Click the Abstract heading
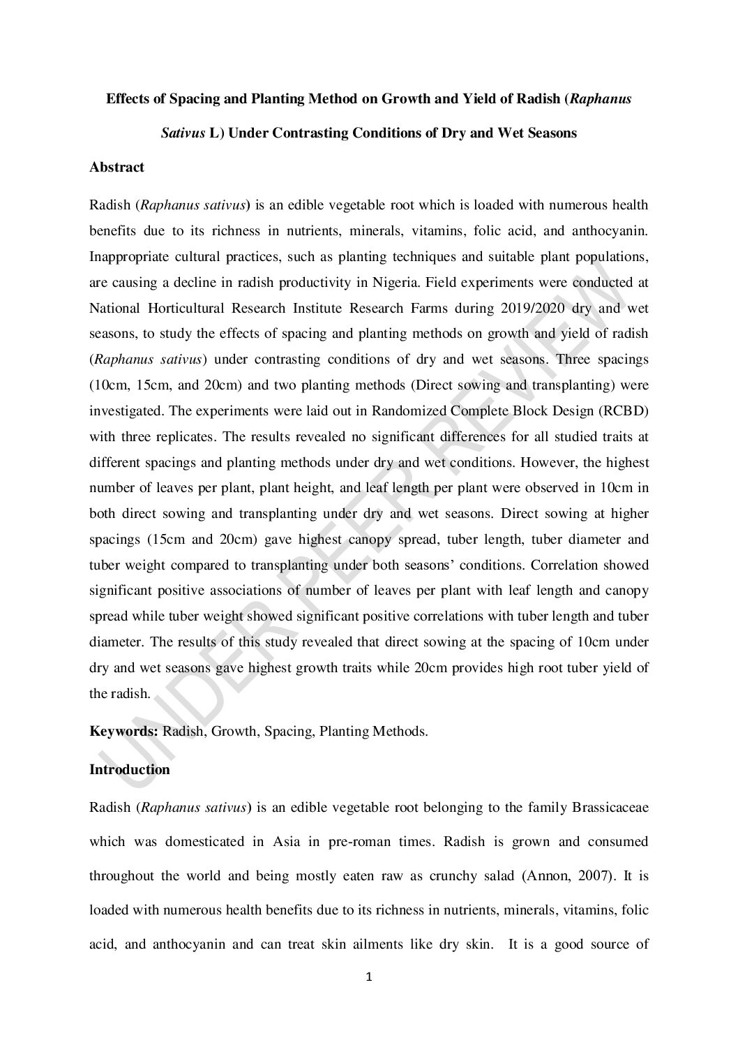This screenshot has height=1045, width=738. point(116,168)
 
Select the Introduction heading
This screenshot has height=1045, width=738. point(130,770)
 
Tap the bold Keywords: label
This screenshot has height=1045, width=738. point(124,732)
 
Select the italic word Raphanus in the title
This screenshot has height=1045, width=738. point(601,99)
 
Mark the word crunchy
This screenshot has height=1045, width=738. point(437,876)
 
